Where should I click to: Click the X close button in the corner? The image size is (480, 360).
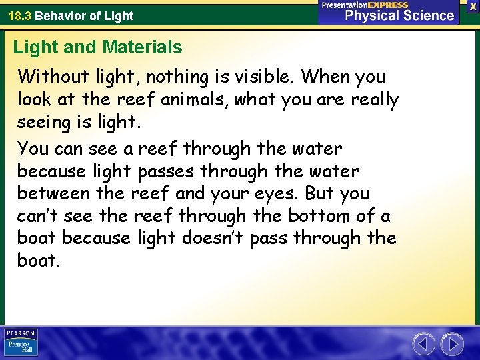tap(473, 5)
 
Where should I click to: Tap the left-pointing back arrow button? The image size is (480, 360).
tap(423, 344)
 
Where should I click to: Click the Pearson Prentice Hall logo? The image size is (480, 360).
tap(21, 342)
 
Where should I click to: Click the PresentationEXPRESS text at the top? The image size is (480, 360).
tap(365, 5)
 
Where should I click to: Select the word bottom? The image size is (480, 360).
tap(319, 216)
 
